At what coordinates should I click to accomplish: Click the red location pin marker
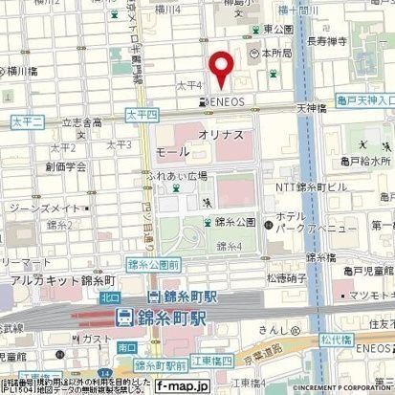[222, 66]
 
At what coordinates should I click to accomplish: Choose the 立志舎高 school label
[82, 122]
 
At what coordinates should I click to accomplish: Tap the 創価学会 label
[65, 165]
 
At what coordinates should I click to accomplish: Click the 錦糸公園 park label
[235, 222]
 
